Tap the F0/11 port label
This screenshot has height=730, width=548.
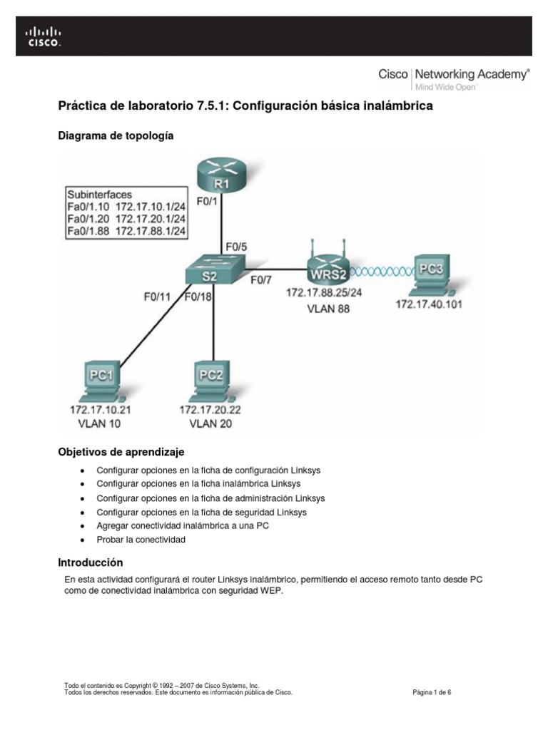[x=156, y=299]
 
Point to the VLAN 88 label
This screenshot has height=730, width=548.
[x=328, y=310]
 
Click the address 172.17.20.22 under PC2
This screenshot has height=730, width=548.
[x=210, y=410]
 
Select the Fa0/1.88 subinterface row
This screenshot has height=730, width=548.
[x=126, y=230]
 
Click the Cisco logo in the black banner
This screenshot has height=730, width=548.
[x=44, y=36]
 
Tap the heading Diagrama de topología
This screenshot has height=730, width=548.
[x=116, y=135]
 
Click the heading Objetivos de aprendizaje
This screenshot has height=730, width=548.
[x=121, y=452]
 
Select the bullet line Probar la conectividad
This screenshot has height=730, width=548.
[x=141, y=540]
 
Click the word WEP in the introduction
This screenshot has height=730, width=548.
[x=273, y=591]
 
